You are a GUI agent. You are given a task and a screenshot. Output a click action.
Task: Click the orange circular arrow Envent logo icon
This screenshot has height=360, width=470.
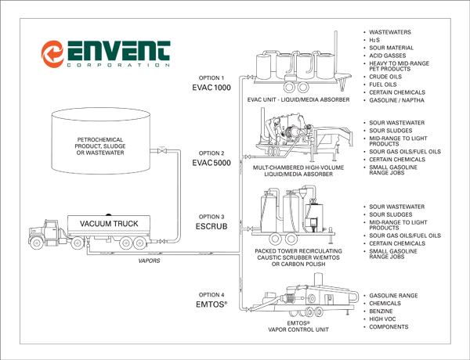pyautogui.click(x=52, y=54)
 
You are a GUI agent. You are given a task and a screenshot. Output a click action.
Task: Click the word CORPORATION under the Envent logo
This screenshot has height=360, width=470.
pyautogui.click(x=118, y=65)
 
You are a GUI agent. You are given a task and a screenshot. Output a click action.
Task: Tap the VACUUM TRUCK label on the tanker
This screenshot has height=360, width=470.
pyautogui.click(x=109, y=224)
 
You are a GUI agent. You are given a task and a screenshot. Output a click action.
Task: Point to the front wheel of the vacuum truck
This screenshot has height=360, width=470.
pyautogui.click(x=37, y=243)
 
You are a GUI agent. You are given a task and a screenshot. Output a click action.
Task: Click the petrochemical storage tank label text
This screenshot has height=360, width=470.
pyautogui.click(x=100, y=146)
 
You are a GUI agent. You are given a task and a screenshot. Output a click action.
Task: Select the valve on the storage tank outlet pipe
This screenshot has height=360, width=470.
pyautogui.click(x=162, y=150)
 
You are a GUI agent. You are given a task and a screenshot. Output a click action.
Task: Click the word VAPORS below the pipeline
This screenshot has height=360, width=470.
pyautogui.click(x=149, y=261)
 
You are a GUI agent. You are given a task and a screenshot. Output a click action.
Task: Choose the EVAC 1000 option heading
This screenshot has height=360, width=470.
pyautogui.click(x=211, y=88)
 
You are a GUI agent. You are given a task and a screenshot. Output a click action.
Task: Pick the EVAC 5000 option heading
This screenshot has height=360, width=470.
pyautogui.click(x=211, y=163)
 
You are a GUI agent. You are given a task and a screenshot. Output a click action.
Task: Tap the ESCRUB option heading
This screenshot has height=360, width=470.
pyautogui.click(x=211, y=226)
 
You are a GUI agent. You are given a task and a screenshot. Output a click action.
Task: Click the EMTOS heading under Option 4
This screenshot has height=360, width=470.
pyautogui.click(x=211, y=304)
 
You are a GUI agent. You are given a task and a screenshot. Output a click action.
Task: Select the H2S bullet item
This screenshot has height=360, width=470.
pyautogui.click(x=374, y=40)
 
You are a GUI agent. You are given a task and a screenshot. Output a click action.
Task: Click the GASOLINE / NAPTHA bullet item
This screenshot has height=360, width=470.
pyautogui.click(x=396, y=100)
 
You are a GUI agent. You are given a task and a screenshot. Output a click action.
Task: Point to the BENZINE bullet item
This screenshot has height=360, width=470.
pyautogui.click(x=381, y=311)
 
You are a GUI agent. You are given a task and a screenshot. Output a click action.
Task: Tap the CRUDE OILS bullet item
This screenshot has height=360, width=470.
pyautogui.click(x=385, y=77)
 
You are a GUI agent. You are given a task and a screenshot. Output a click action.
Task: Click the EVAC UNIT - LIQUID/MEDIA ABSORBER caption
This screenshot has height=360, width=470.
pyautogui.click(x=298, y=99)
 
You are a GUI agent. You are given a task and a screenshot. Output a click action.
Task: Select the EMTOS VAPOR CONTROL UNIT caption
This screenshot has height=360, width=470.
pyautogui.click(x=298, y=326)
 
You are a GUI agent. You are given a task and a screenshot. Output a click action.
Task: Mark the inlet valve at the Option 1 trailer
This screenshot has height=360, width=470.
pyautogui.click(x=250, y=77)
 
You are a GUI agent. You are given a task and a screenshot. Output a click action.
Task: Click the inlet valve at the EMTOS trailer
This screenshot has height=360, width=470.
pyautogui.click(x=248, y=309)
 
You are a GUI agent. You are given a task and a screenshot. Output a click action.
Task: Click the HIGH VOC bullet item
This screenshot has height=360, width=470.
pyautogui.click(x=382, y=319)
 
